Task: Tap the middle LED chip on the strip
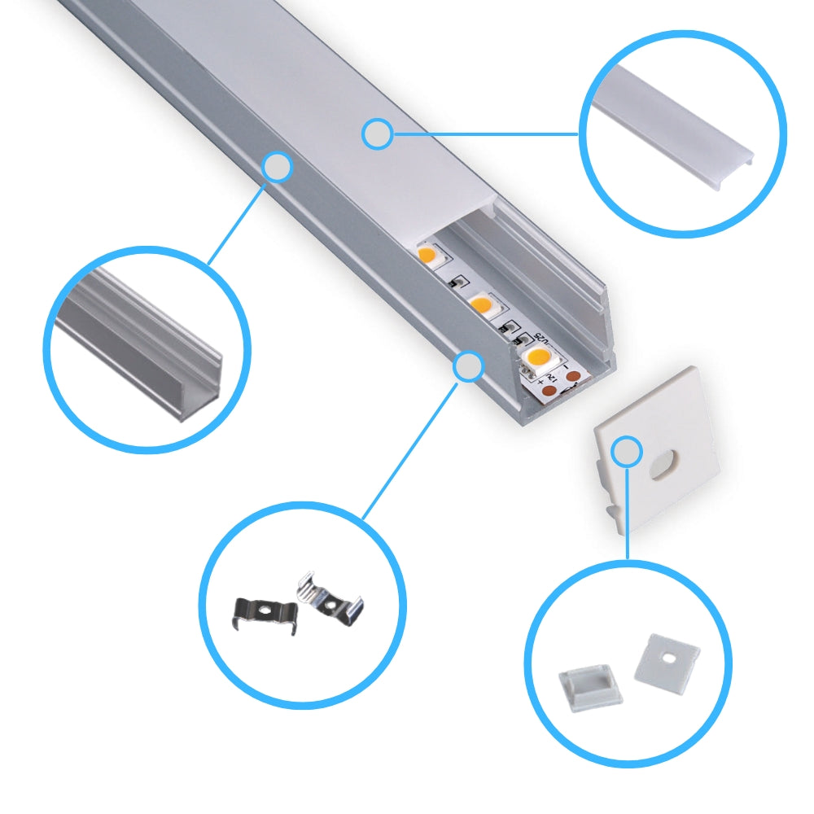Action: point(482,306)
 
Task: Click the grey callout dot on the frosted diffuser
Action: point(377,134)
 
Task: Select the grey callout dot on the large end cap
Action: point(628,452)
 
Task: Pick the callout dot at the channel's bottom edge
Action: point(468,367)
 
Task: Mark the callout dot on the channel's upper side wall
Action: point(278,167)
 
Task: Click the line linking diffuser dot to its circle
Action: point(484,133)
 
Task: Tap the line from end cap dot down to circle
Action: point(628,513)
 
